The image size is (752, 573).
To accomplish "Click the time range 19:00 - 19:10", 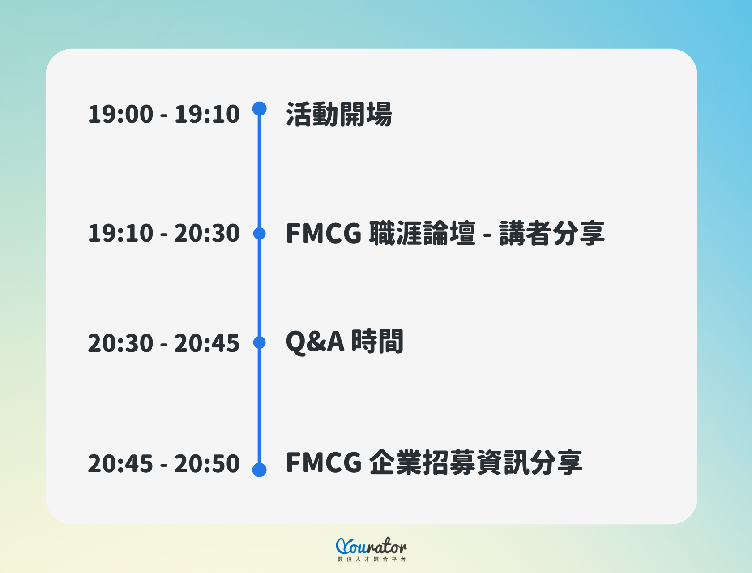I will (164, 114).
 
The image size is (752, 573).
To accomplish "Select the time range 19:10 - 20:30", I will (164, 233).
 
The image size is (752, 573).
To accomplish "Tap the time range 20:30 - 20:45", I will (164, 343).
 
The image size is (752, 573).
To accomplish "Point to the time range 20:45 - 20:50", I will (164, 463).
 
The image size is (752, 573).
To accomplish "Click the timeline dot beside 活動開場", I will (260, 109).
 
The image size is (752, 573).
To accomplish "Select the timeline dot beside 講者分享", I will (260, 233).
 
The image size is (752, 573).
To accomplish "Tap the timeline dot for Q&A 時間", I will (260, 342).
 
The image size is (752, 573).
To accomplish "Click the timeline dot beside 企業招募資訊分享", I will (260, 470).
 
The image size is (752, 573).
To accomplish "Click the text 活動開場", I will (339, 114).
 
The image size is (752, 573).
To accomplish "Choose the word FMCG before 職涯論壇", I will (324, 233).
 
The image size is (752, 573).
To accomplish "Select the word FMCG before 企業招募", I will (324, 462).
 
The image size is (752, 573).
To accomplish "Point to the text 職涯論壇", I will (422, 233).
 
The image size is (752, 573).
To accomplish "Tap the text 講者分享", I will (552, 233).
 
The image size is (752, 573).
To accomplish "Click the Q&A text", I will (315, 342).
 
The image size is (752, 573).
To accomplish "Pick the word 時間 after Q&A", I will (377, 342).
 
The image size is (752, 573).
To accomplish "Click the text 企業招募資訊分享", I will (476, 462).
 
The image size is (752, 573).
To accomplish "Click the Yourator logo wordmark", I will (371, 546).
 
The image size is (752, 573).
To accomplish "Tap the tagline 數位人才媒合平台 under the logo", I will (372, 560).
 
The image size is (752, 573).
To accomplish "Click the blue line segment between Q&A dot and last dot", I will (260, 405).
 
